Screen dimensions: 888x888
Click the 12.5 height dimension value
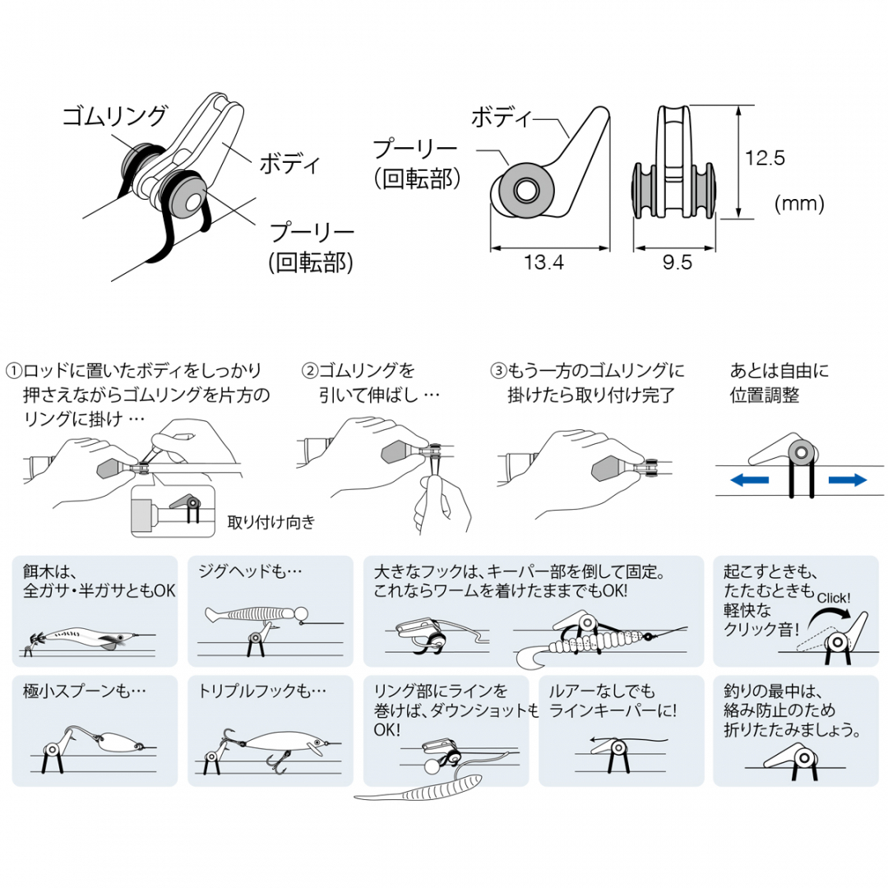[765, 157]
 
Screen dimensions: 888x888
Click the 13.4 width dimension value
[543, 262]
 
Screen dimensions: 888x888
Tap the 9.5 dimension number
[678, 262]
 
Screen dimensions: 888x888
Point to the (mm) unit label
[799, 203]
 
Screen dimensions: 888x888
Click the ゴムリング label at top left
[114, 116]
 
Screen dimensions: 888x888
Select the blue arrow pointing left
[749, 480]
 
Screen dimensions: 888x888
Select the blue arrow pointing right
[847, 480]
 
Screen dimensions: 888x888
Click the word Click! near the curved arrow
[834, 598]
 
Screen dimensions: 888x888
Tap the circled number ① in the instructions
[14, 372]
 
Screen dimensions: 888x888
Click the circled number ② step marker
[310, 372]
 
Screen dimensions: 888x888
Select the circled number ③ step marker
[498, 372]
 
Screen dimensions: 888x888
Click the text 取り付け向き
[271, 522]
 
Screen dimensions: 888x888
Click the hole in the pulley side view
[525, 190]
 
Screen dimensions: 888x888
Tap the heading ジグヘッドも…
[250, 571]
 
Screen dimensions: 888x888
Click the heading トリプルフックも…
[262, 691]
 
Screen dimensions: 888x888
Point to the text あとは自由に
[779, 371]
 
